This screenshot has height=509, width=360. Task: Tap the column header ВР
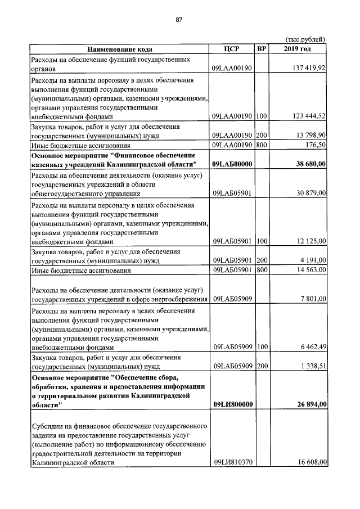pyautogui.click(x=261, y=49)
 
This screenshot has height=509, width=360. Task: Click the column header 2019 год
pyautogui.click(x=298, y=49)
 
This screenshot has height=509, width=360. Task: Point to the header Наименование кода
pyautogui.click(x=119, y=49)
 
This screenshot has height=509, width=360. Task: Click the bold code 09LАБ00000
pyautogui.click(x=232, y=164)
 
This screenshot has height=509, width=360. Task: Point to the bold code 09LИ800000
pyautogui.click(x=232, y=404)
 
